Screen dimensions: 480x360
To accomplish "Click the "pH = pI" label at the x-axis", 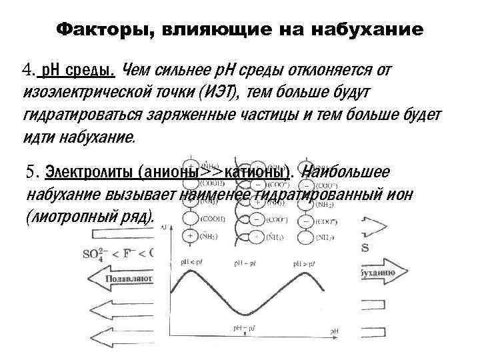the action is [x=244, y=328].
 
